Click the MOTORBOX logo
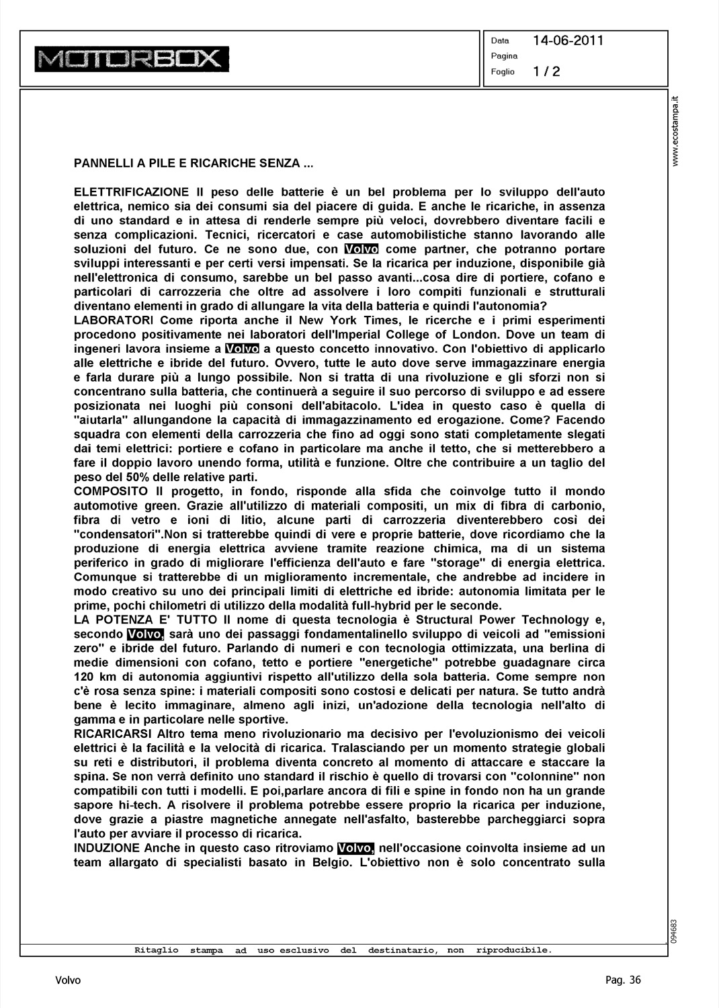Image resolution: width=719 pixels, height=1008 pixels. tap(133, 59)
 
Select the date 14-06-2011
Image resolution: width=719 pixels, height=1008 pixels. tap(568, 40)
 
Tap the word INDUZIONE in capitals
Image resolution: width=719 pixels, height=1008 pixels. tap(107, 848)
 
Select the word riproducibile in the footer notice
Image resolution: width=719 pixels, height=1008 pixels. tap(513, 950)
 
